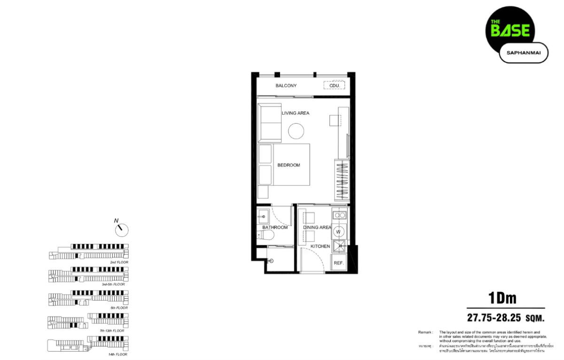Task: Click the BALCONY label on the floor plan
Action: click(x=286, y=86)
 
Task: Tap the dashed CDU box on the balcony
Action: click(x=334, y=86)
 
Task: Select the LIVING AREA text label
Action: click(x=295, y=113)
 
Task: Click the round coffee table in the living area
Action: click(x=297, y=131)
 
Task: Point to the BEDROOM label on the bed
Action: click(x=289, y=165)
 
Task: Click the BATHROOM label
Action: click(x=275, y=227)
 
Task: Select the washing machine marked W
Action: click(x=337, y=232)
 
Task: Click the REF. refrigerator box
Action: click(x=338, y=263)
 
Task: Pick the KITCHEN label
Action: click(x=320, y=246)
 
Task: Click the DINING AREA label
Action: click(x=317, y=227)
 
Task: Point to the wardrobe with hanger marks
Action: click(x=342, y=180)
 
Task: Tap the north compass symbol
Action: click(x=121, y=229)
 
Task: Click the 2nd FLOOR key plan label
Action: click(x=119, y=262)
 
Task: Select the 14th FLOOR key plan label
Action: click(x=118, y=353)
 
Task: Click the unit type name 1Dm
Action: click(x=502, y=298)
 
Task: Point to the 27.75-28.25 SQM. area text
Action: click(x=505, y=318)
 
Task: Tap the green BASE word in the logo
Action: click(x=510, y=31)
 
